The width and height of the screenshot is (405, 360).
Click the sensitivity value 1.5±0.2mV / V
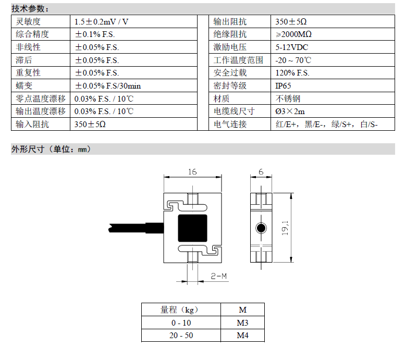pyautogui.click(x=101, y=22)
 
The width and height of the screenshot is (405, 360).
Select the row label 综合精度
pyautogui.click(x=32, y=34)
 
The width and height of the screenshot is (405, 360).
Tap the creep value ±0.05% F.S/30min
pyautogui.click(x=108, y=86)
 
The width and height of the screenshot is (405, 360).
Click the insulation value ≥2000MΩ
pyautogui.click(x=293, y=34)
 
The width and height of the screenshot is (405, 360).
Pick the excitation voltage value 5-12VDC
pyautogui.click(x=291, y=47)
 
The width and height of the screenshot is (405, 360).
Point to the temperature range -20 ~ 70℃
pyautogui.click(x=293, y=60)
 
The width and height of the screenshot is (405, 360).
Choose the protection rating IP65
pyautogui.click(x=283, y=86)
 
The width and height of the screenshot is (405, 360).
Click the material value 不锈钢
pyautogui.click(x=288, y=98)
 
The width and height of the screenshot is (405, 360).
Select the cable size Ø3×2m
pyautogui.click(x=290, y=111)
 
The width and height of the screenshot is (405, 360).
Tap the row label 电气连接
pyautogui.click(x=230, y=125)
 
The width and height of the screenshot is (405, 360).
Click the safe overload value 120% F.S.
pyautogui.click(x=292, y=73)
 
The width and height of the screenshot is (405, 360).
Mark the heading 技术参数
pyautogui.click(x=30, y=9)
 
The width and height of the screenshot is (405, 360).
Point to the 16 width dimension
pyautogui.click(x=192, y=172)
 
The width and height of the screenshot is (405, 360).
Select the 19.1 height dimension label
pyautogui.click(x=285, y=228)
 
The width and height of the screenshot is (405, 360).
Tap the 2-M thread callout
pyautogui.click(x=218, y=276)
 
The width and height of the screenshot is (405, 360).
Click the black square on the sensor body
pyautogui.click(x=192, y=228)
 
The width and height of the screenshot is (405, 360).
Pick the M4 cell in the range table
pyautogui.click(x=242, y=336)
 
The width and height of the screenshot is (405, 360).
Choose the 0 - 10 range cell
pyautogui.click(x=181, y=323)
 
